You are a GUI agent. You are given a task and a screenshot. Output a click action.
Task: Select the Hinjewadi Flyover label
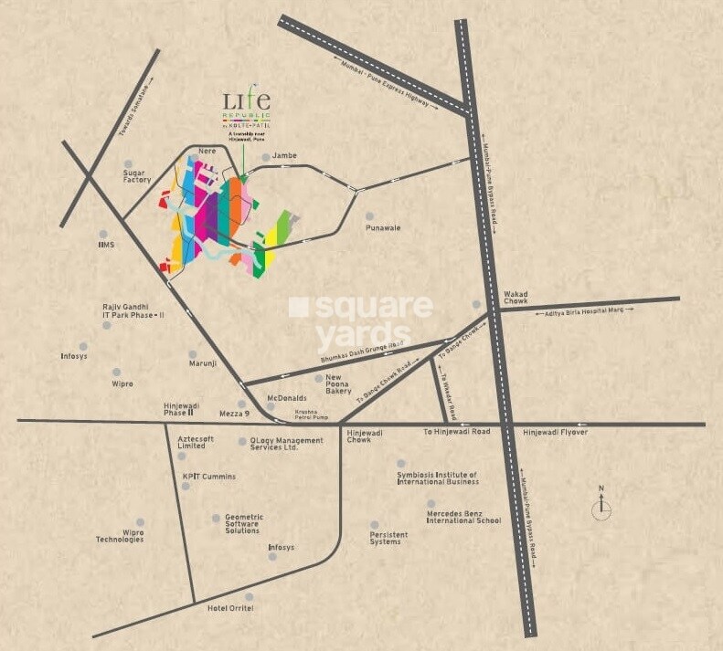[x=555, y=432]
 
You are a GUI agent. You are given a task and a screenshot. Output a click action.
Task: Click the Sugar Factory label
[x=137, y=176]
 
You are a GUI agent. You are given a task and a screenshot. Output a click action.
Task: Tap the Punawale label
[x=384, y=227]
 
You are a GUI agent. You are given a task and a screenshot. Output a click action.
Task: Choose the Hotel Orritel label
[x=230, y=608]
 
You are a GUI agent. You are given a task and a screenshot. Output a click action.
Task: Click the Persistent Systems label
[x=386, y=538]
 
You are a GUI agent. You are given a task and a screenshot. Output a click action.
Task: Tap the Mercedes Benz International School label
[x=463, y=517]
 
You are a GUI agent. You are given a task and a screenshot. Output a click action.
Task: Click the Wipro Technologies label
[x=120, y=535]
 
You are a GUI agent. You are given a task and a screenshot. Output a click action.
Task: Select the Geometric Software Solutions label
[x=243, y=523]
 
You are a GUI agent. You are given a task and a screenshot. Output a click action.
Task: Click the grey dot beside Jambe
[x=266, y=157]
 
